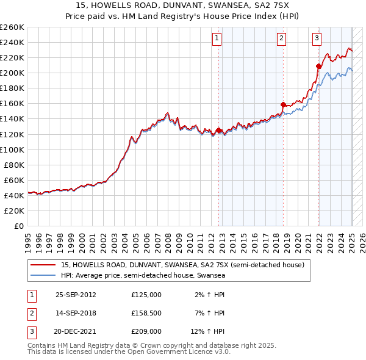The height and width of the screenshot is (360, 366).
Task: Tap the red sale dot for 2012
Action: pyautogui.click(x=219, y=130)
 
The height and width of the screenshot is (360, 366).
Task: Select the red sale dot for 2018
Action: pyautogui.click(x=283, y=104)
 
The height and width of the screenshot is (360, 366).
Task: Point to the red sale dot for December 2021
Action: pyautogui.click(x=318, y=66)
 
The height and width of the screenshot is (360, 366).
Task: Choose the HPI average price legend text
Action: pyautogui.click(x=143, y=276)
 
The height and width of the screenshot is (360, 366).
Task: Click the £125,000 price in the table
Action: pyautogui.click(x=146, y=295)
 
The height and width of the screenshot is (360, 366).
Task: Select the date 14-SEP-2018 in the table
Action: pyautogui.click(x=76, y=313)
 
